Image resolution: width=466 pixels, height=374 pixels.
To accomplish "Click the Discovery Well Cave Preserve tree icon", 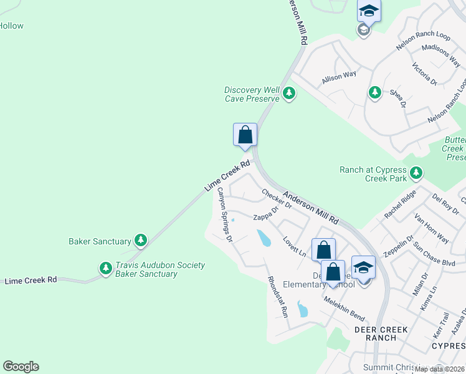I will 288,93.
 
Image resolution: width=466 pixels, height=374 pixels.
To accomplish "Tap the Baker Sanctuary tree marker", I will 141,241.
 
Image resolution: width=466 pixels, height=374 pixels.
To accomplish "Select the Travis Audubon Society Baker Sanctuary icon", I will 105,269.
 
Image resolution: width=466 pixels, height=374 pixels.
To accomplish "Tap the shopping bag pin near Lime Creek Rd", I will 245,135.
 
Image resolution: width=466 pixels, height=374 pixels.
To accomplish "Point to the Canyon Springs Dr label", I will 224,214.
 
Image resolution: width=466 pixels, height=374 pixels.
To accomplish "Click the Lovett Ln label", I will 294,246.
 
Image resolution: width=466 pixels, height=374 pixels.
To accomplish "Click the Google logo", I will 21,367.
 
